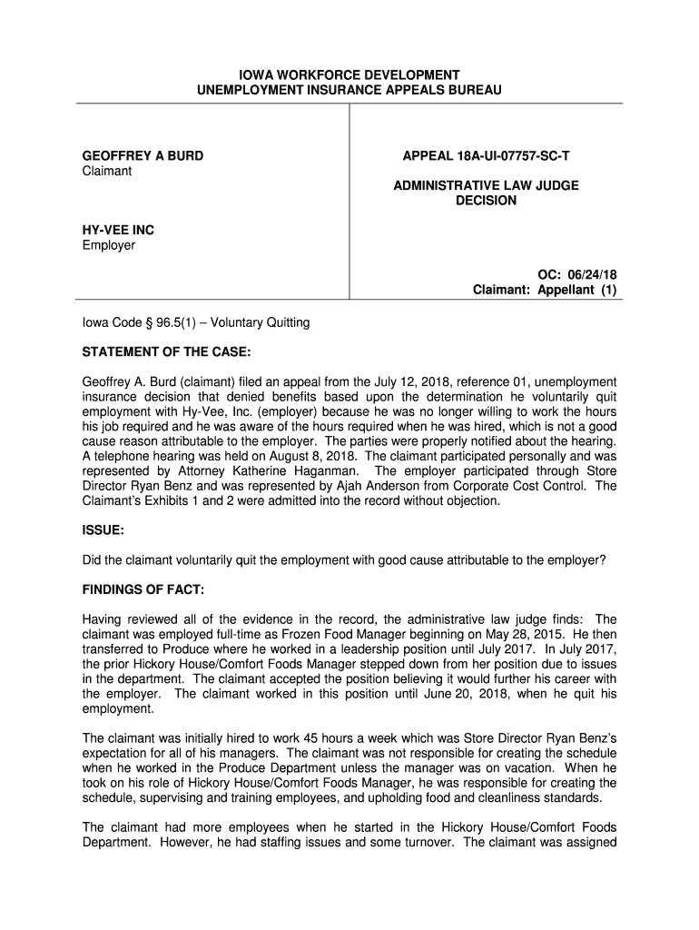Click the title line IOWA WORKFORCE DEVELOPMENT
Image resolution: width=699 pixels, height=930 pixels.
(349, 74)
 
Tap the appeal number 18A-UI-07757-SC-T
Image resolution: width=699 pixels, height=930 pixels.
(487, 156)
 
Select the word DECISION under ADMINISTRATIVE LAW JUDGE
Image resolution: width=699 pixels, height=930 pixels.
(486, 201)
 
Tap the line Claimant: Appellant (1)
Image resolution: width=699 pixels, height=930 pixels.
(545, 291)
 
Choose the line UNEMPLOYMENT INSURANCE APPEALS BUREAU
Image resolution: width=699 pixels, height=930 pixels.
(349, 90)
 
